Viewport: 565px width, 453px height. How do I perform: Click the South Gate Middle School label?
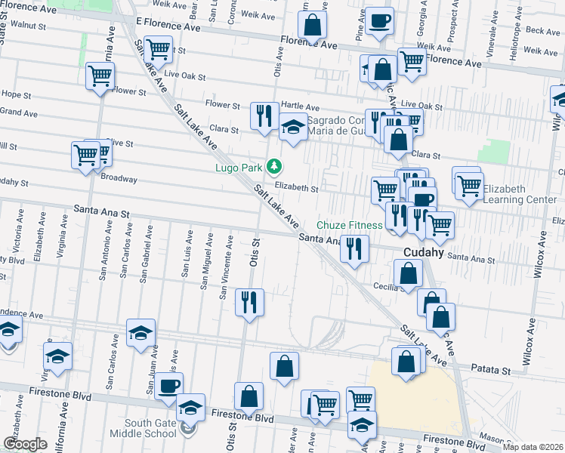pos(150,427)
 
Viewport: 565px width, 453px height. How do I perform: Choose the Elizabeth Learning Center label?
pos(520,195)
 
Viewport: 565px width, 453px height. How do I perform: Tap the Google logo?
pos(25,444)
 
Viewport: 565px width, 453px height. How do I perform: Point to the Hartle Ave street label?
pos(300,107)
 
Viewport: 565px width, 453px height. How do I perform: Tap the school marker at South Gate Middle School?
pos(191,408)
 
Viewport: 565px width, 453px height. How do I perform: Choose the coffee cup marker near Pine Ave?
pos(379,19)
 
